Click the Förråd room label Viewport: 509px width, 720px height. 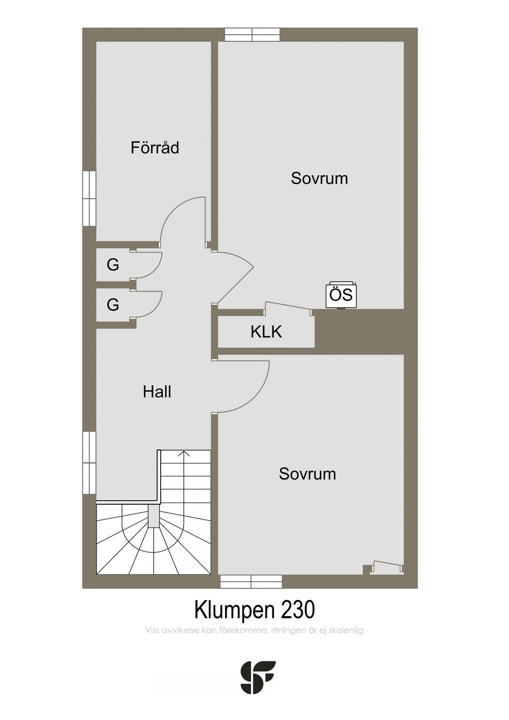pyautogui.click(x=155, y=148)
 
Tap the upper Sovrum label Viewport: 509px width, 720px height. pyautogui.click(x=319, y=178)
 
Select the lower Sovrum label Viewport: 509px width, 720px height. pyautogui.click(x=307, y=473)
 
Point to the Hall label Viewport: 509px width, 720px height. pyautogui.click(x=157, y=392)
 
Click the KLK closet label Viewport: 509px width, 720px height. pyautogui.click(x=266, y=332)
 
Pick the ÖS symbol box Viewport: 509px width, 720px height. pyautogui.click(x=341, y=295)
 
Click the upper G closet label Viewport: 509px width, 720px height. pyautogui.click(x=113, y=265)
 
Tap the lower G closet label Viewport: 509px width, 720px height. pyautogui.click(x=113, y=304)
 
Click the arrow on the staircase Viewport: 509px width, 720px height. pyautogui.click(x=184, y=453)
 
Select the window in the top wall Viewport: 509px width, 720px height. pyautogui.click(x=253, y=34)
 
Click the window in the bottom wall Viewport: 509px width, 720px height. pyautogui.click(x=251, y=581)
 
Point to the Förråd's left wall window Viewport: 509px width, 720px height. pyautogui.click(x=89, y=198)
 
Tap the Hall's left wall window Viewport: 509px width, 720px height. pyautogui.click(x=89, y=462)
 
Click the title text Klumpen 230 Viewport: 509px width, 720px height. pyautogui.click(x=254, y=610)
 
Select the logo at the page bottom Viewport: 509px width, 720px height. pyautogui.click(x=257, y=677)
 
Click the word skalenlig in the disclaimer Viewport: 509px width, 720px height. pyautogui.click(x=346, y=630)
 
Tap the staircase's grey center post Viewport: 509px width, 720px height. pyautogui.click(x=154, y=516)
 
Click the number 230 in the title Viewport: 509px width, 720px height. pyautogui.click(x=298, y=610)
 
